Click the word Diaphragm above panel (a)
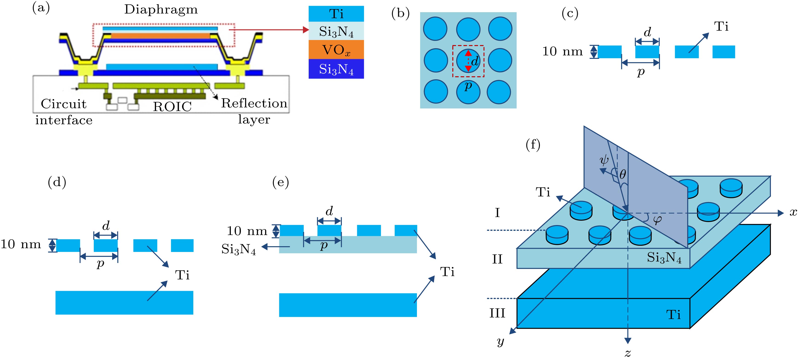pos(161,10)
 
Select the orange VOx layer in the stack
pos(336,50)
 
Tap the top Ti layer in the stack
pos(336,14)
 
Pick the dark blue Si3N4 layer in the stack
pos(336,69)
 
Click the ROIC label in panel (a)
pos(172,107)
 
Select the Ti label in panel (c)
pos(721,27)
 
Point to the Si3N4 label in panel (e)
pos(239,249)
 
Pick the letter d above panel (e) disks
pos(329,211)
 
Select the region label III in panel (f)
pos(497,313)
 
